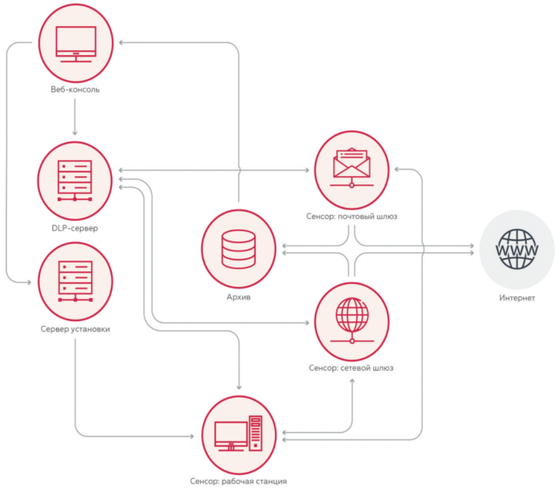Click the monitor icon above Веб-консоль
coord(76,44)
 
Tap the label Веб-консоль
coord(75,90)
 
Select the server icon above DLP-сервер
coord(75,180)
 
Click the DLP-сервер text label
coord(75,228)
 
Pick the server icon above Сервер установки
coord(75,281)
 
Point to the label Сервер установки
coord(75,329)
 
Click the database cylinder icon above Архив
coord(239,248)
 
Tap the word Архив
coord(239,297)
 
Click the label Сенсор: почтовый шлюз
coord(352,217)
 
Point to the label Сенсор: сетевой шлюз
coord(351,368)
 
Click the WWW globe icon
coord(517,249)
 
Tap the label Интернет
coord(517,298)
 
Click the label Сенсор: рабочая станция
coord(238,481)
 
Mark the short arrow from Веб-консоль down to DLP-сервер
coord(75,117)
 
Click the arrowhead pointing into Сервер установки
coord(28,283)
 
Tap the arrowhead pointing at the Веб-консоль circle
coord(122,42)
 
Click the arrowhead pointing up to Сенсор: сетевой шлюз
coord(352,381)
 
